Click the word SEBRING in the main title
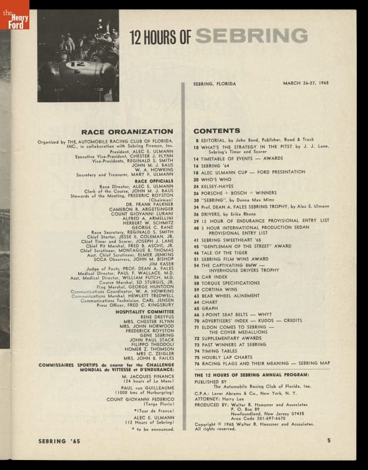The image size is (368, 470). pos(251,36)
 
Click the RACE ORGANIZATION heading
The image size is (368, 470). pos(127,132)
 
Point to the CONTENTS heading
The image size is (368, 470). pos(216,130)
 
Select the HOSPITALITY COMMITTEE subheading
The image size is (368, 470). pos(144,311)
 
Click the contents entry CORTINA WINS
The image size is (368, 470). pos(222,290)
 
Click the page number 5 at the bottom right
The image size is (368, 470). pos(329,440)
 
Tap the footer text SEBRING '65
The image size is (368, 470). pos(59,440)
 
